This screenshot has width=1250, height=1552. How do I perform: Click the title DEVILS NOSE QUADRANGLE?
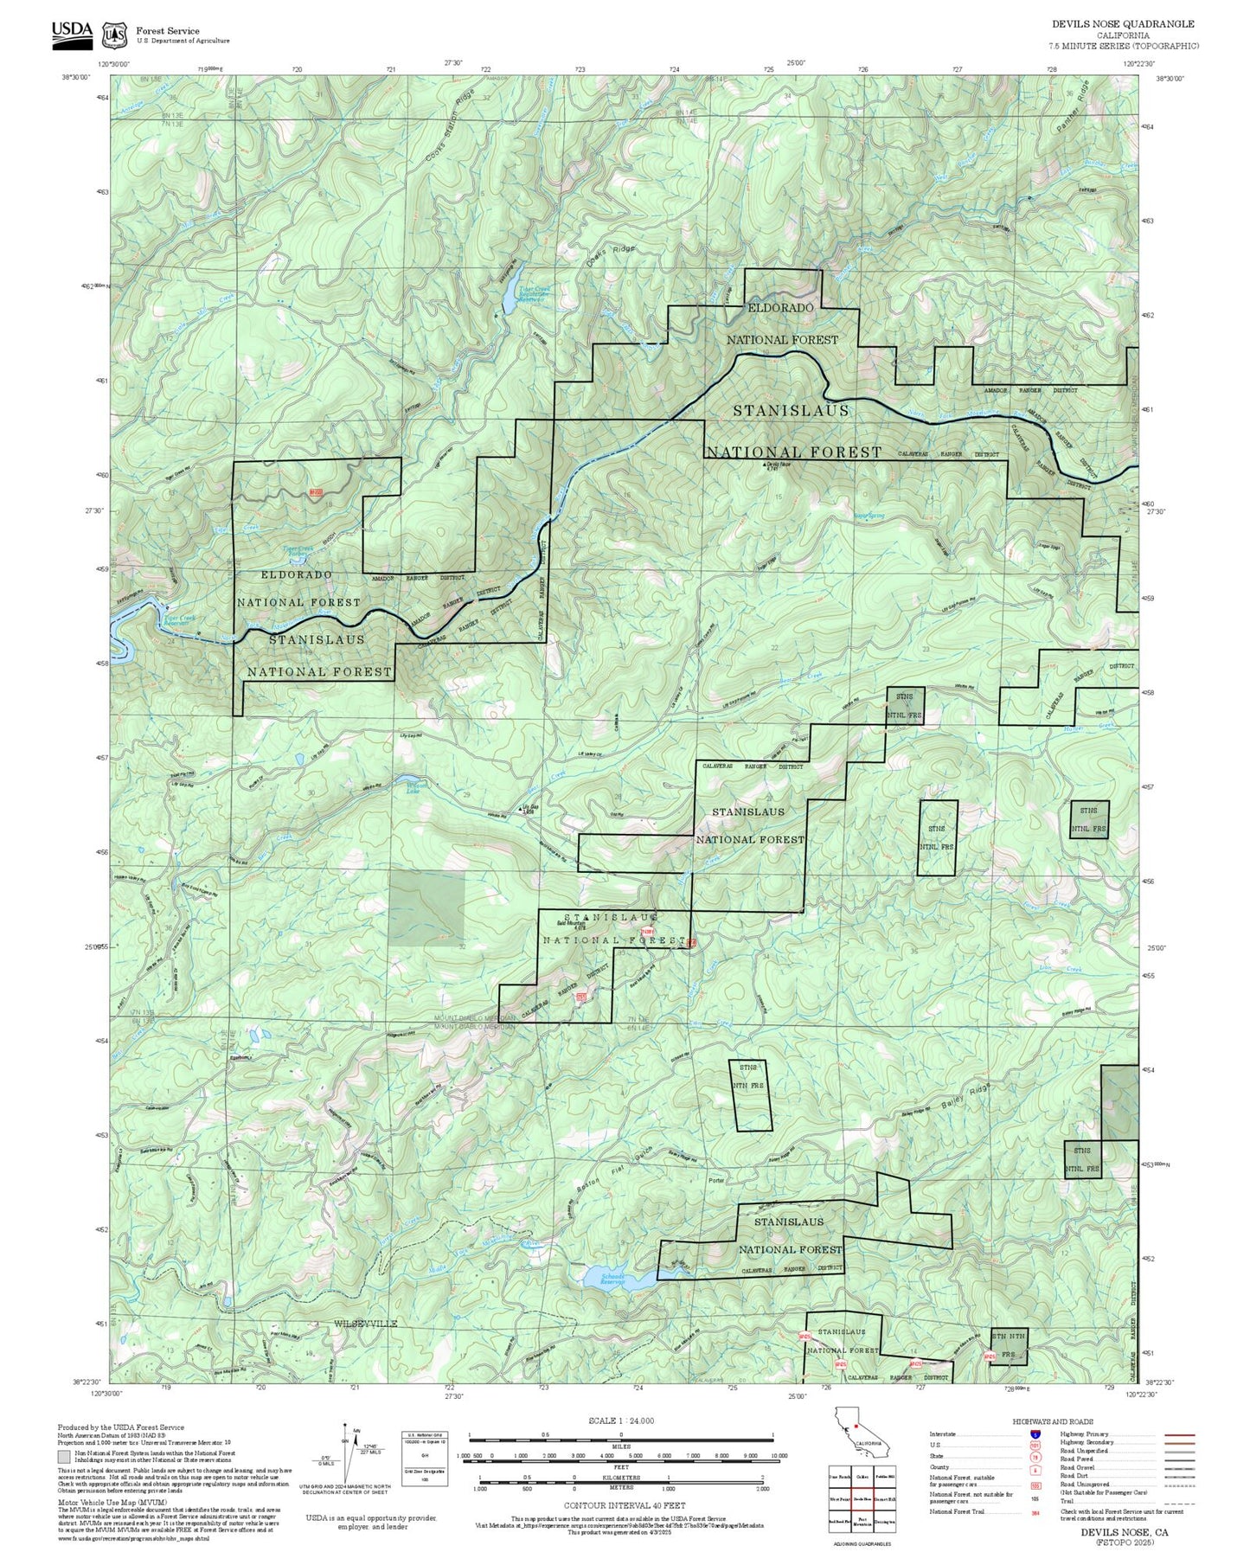click(x=1123, y=24)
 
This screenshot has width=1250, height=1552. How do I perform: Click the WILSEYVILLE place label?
click(x=366, y=1324)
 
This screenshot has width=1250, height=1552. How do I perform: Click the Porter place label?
click(x=715, y=1181)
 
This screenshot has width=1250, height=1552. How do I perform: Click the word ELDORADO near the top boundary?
click(x=780, y=308)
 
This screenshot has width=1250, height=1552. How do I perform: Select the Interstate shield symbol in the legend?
click(x=1035, y=1434)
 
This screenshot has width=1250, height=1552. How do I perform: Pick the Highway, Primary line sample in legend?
click(x=1179, y=1434)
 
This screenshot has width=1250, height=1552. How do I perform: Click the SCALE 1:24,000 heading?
click(x=620, y=1421)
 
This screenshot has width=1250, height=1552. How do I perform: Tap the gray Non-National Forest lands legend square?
click(x=65, y=1456)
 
